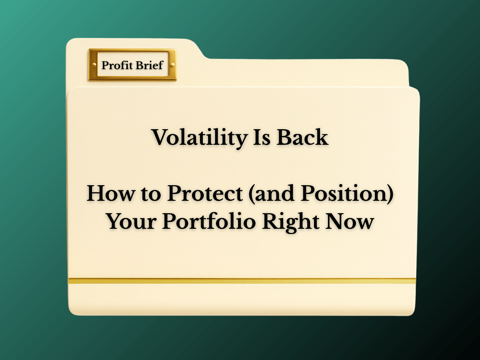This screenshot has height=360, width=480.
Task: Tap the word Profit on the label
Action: [x=117, y=65]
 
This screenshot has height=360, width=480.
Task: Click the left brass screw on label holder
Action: [x=94, y=65]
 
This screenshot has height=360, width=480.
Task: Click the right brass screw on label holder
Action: [x=172, y=65]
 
